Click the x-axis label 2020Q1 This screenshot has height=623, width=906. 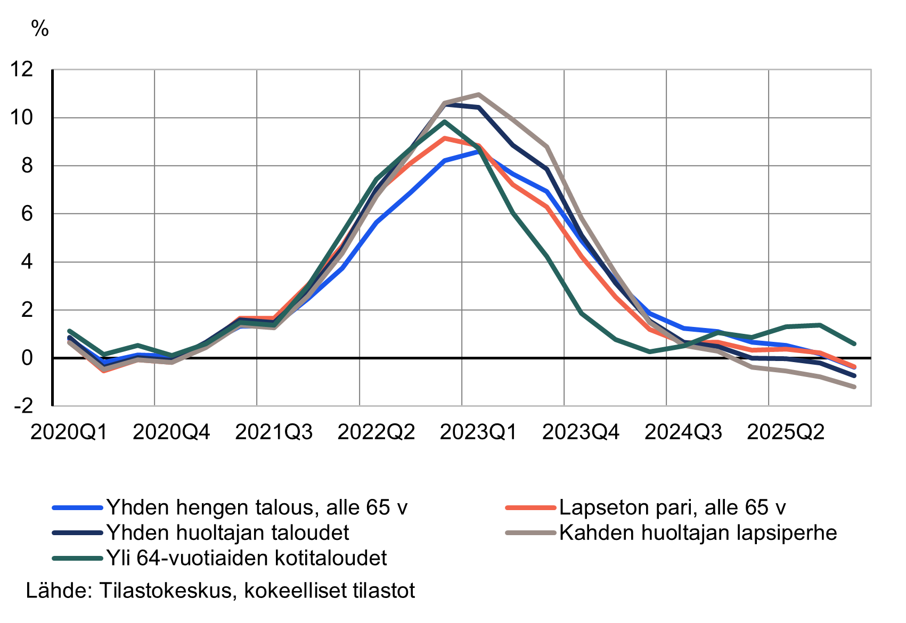69,432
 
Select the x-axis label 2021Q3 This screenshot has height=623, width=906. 274,432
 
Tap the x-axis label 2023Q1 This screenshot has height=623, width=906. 478,432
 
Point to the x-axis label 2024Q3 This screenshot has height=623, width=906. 683,432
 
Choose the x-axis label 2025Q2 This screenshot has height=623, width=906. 786,432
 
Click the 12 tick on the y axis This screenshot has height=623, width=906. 21,69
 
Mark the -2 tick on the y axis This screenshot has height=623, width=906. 24,406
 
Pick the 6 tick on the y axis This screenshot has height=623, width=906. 27,214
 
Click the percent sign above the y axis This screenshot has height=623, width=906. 40,29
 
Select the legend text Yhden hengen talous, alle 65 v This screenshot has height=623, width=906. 257,507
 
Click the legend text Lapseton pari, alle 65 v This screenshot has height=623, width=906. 672,507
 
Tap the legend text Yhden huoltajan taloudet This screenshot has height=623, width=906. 228,532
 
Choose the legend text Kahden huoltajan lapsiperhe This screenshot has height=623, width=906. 698,532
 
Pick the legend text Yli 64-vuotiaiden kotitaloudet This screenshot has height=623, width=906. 247,558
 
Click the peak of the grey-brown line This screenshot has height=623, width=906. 478,95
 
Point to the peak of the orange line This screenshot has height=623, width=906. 444,138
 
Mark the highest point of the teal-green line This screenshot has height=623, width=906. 444,122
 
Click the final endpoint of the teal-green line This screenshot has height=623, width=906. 854,344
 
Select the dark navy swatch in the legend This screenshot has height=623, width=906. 77,532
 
